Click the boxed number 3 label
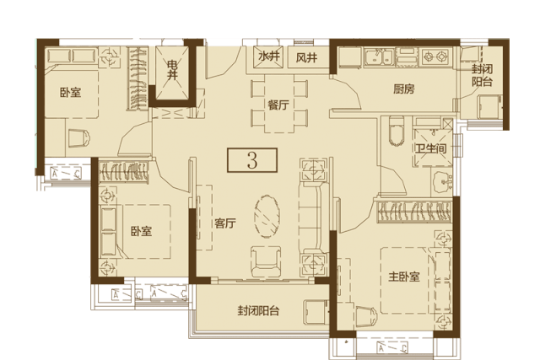(252, 160)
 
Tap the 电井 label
(172, 70)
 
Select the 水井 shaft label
(268, 56)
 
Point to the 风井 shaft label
(306, 57)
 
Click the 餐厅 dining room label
(278, 105)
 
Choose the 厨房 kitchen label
(403, 89)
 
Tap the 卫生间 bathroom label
(431, 148)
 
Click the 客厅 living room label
(225, 223)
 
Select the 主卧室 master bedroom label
(404, 277)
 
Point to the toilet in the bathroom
(396, 131)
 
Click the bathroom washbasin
(443, 180)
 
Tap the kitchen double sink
(379, 57)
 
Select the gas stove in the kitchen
(435, 56)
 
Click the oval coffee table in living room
(267, 216)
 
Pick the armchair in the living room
(266, 261)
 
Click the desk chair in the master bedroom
(366, 317)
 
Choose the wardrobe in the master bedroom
(414, 211)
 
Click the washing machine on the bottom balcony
(316, 312)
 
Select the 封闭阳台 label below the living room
(258, 311)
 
